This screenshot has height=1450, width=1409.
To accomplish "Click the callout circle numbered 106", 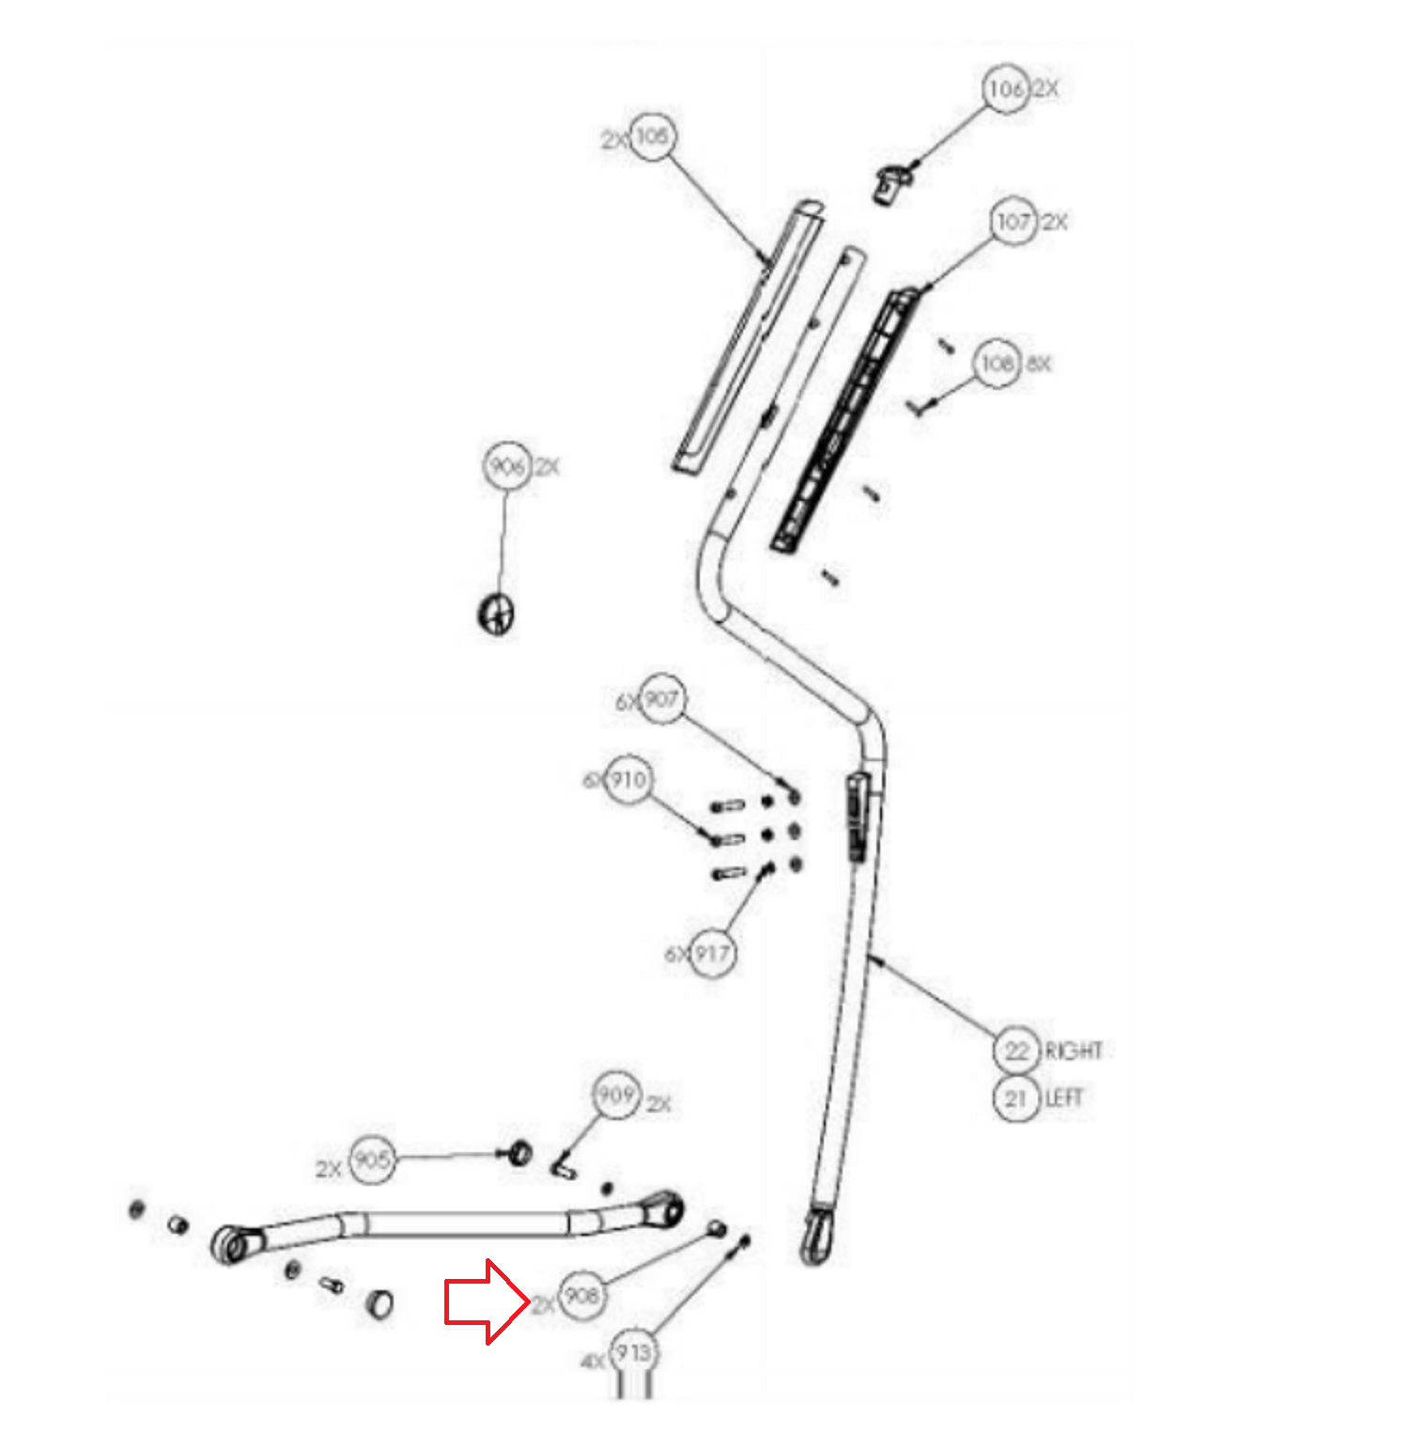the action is pyautogui.click(x=1005, y=89).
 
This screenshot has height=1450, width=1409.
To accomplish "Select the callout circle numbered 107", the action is pyautogui.click(x=1014, y=222).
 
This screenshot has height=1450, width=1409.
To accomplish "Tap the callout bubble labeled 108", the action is pyautogui.click(x=997, y=363).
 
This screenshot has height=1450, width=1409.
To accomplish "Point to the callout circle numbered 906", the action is pyautogui.click(x=507, y=466).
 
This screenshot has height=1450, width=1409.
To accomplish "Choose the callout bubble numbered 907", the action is pyautogui.click(x=661, y=699).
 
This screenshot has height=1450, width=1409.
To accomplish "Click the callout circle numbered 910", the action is pyautogui.click(x=627, y=779).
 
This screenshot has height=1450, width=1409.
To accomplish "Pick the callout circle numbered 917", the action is pyautogui.click(x=712, y=953).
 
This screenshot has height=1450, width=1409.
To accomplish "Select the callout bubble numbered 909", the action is pyautogui.click(x=616, y=1095).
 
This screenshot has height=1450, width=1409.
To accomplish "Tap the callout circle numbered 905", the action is pyautogui.click(x=372, y=1160).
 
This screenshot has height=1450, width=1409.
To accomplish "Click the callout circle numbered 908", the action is pyautogui.click(x=581, y=1296).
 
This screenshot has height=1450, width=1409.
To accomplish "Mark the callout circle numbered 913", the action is pyautogui.click(x=634, y=1353).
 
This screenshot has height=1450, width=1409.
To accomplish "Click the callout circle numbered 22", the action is pyautogui.click(x=1016, y=1049).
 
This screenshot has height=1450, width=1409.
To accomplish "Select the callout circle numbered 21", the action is pyautogui.click(x=1016, y=1098).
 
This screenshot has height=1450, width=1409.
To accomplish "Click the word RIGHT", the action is pyautogui.click(x=1074, y=1050).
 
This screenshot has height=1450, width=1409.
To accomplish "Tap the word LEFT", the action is pyautogui.click(x=1064, y=1098).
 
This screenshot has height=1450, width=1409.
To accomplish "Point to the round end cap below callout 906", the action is pyautogui.click(x=496, y=615).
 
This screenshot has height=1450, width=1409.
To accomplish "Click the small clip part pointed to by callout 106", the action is pyautogui.click(x=893, y=182).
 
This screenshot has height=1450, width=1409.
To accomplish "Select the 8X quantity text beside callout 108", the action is pyautogui.click(x=1038, y=364).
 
